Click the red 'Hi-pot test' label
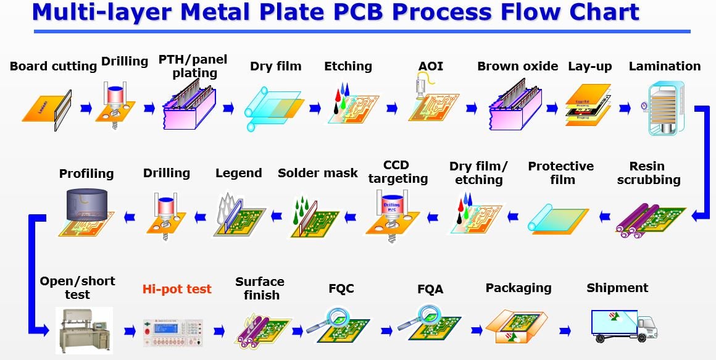(177, 289)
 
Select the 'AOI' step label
(431, 66)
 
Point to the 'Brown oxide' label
(517, 66)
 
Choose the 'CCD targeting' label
(397, 172)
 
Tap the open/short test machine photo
(85, 330)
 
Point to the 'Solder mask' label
(318, 173)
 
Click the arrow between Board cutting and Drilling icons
(86, 109)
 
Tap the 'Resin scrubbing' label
(648, 173)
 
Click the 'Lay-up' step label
(590, 66)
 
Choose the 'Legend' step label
(239, 173)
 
